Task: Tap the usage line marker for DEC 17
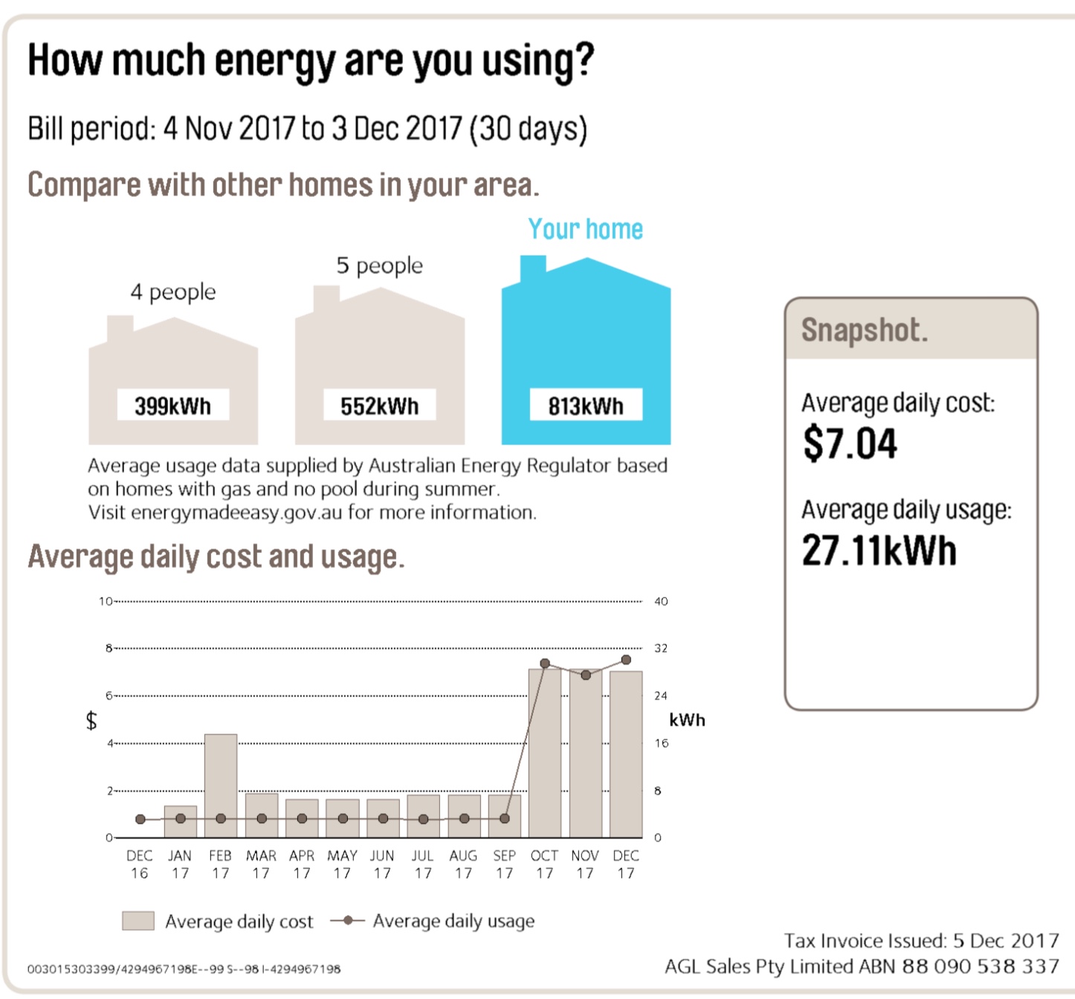[x=626, y=660]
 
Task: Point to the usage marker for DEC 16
[x=141, y=819]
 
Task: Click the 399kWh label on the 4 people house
[x=172, y=407]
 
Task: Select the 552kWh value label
[x=379, y=407]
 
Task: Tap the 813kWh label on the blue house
[x=586, y=407]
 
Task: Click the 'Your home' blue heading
[x=585, y=229]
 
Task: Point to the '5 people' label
[x=379, y=265]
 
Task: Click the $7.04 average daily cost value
[x=850, y=444]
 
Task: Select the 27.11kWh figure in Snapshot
[x=879, y=551]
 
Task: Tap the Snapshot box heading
[x=865, y=330]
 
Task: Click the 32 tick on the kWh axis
[x=661, y=648]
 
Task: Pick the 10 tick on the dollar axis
[x=105, y=601]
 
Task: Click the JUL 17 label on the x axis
[x=423, y=864]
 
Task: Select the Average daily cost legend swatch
[x=138, y=921]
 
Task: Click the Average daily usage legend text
[x=453, y=921]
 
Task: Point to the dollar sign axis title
[x=91, y=720]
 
